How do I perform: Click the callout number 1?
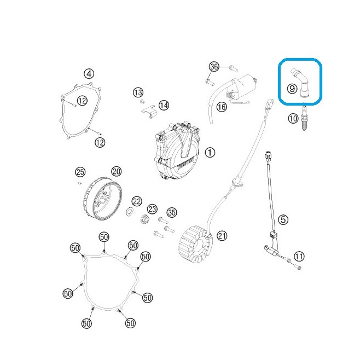point(210,153)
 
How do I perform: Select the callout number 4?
point(89,74)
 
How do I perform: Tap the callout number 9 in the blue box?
point(292,89)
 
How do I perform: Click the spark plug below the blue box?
point(304,117)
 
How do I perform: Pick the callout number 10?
point(293,119)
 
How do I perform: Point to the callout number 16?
point(222,107)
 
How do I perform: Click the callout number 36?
point(214,67)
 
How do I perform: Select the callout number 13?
point(138,92)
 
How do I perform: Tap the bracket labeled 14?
point(149,112)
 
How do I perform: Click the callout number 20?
point(117,171)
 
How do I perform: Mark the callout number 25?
point(80,172)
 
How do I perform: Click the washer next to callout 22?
point(130,212)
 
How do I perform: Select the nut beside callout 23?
point(145,218)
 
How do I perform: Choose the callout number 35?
point(172,212)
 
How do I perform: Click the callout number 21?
point(222,236)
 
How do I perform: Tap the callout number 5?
point(283,220)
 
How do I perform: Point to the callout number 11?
point(299,256)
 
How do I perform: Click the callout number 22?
point(137,201)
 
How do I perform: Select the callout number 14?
point(164,106)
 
